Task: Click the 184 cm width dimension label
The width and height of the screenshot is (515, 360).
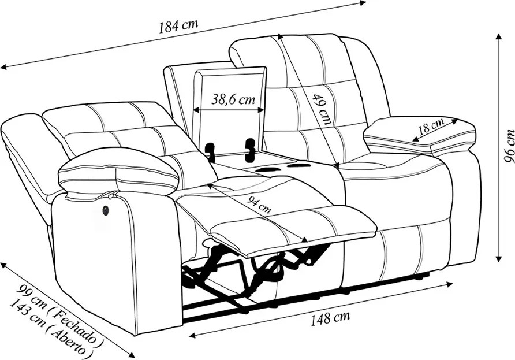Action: (x=178, y=26)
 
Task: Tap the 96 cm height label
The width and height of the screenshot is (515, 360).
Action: (x=509, y=146)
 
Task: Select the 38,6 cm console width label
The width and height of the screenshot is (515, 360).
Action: (x=233, y=99)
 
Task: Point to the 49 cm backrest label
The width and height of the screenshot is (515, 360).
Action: (x=322, y=110)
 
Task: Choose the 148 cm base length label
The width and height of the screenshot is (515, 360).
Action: (x=330, y=318)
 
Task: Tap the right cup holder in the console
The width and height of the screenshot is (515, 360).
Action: (x=297, y=165)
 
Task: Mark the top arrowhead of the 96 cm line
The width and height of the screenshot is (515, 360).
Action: (x=499, y=36)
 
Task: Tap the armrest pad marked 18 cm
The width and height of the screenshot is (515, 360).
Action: (x=420, y=136)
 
